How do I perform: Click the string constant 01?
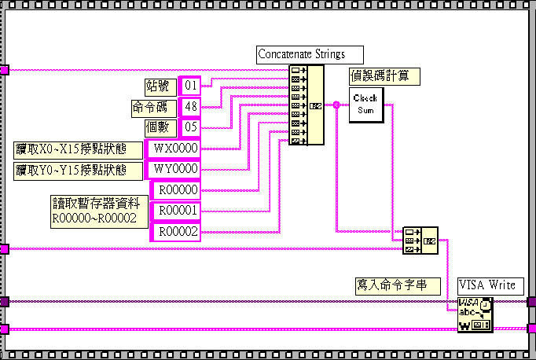tap(189, 85)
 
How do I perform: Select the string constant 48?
tap(189, 106)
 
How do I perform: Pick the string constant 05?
tap(189, 127)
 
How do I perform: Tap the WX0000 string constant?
tap(175, 148)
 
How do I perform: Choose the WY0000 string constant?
tap(175, 169)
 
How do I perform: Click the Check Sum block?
tap(365, 104)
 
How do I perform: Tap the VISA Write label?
tap(486, 285)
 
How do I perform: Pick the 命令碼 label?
tap(153, 107)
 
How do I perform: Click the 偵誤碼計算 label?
tap(384, 76)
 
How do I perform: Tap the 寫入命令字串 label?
tap(390, 285)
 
